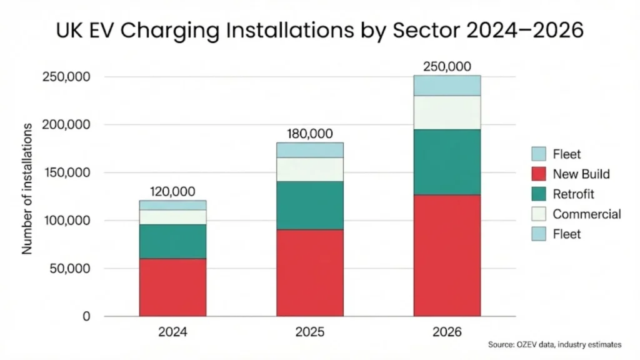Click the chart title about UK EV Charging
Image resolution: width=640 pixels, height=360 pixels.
[319, 30]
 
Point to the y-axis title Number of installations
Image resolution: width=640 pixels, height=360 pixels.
[27, 188]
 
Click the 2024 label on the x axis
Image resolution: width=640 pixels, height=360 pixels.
[172, 332]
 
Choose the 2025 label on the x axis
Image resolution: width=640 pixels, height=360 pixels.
[309, 332]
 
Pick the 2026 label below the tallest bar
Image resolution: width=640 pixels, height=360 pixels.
[447, 332]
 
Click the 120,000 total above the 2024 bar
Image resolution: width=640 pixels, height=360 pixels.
[172, 191]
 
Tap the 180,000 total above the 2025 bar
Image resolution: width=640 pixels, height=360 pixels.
[309, 134]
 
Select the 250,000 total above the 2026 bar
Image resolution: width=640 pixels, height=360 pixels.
[447, 66]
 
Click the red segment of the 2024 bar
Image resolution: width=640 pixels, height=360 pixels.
[172, 287]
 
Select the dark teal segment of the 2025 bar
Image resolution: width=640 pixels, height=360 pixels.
[309, 206]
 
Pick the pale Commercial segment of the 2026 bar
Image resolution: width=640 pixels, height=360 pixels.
[447, 112]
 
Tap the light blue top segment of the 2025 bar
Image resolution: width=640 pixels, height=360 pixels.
[309, 150]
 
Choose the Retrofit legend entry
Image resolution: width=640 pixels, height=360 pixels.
[565, 194]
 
